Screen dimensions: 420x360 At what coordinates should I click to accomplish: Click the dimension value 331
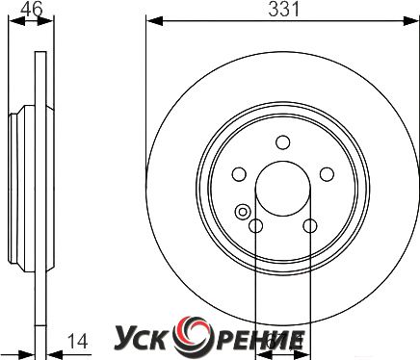(x=284, y=10)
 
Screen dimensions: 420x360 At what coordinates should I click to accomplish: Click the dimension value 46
(x=32, y=10)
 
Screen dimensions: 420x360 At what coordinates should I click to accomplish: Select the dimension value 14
(x=77, y=341)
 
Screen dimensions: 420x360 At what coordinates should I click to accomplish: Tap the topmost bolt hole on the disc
(x=283, y=142)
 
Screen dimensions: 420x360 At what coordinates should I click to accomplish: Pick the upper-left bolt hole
(x=239, y=174)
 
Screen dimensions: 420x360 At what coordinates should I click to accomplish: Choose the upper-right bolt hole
(x=327, y=174)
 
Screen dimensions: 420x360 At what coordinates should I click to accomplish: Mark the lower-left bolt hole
(x=256, y=226)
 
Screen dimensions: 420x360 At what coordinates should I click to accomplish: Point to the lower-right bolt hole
(x=310, y=226)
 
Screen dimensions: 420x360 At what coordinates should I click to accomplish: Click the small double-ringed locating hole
(x=243, y=212)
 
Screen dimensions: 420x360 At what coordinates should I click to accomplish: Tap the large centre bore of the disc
(x=283, y=189)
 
